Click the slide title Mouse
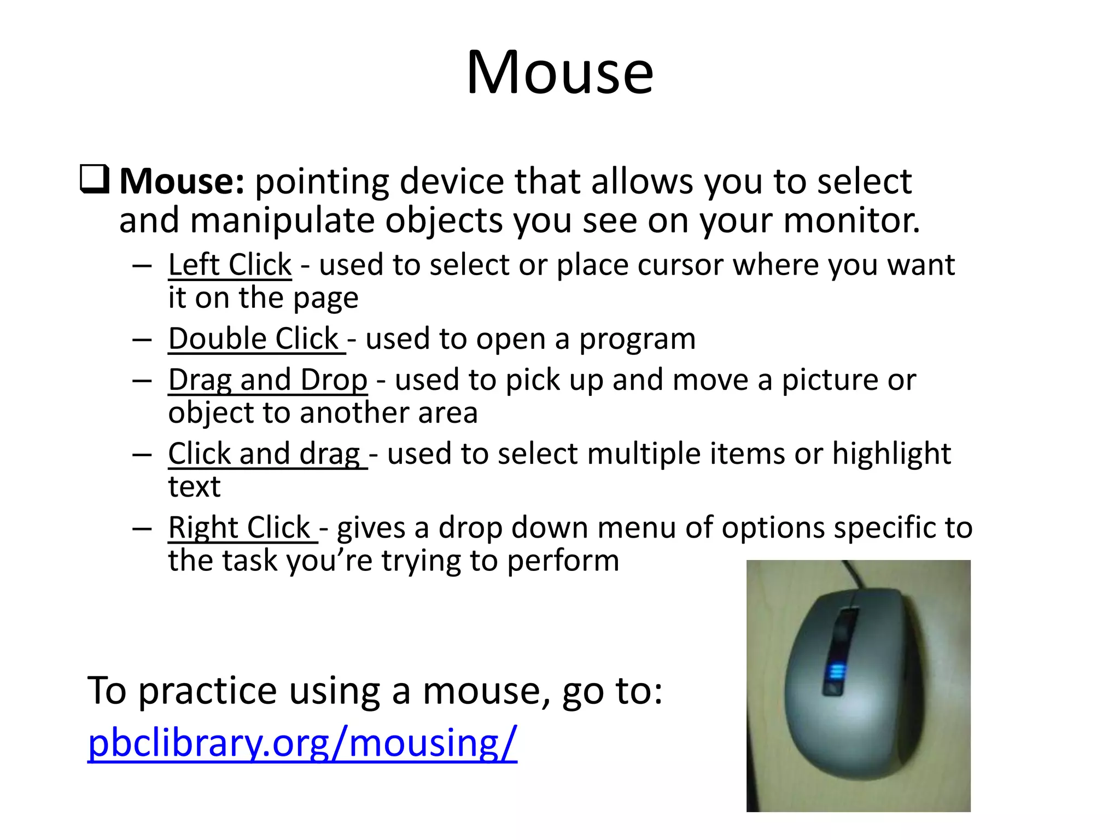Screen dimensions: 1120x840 pos(559,72)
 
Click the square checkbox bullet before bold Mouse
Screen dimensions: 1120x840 pos(94,179)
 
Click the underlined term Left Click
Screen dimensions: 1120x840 pos(230,265)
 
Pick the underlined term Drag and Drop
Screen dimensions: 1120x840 pos(267,380)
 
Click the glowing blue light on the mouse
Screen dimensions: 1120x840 pos(835,672)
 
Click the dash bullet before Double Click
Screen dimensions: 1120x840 pos(142,340)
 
